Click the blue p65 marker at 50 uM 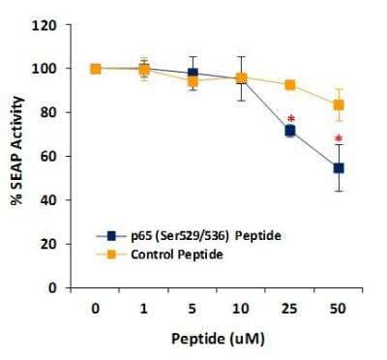click(x=339, y=167)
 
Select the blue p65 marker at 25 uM click(x=289, y=130)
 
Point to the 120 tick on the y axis click(x=57, y=24)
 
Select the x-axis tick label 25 click(x=289, y=307)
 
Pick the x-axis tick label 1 click(x=144, y=307)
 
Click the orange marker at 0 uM click(x=96, y=69)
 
